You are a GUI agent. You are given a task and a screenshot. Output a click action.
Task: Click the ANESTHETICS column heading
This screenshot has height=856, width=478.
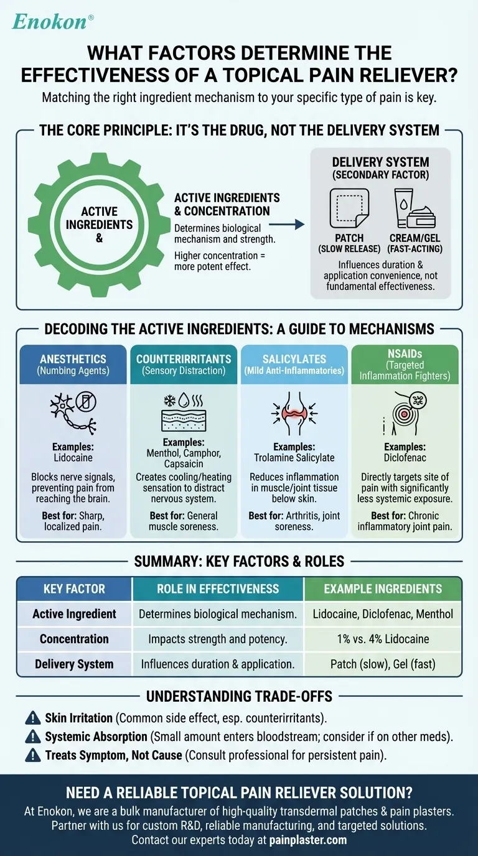coord(73,365)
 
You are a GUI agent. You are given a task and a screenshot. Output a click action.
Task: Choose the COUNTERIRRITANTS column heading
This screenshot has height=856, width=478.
coord(184,365)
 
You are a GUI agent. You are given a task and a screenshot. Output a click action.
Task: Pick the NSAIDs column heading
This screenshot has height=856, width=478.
coord(405,364)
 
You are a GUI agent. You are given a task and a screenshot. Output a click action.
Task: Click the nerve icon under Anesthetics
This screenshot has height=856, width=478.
coord(73,413)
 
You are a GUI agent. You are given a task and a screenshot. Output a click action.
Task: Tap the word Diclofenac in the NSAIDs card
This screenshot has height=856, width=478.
coord(405,457)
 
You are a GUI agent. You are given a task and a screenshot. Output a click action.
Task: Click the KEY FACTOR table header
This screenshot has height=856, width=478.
coord(74,588)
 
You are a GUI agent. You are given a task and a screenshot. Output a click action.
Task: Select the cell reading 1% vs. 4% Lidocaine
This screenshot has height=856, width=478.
coord(382,639)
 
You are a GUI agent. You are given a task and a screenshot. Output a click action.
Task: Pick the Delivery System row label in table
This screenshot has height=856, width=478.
coord(74,664)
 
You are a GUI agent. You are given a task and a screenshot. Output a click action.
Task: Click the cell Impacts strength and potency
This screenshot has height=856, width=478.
coord(218,639)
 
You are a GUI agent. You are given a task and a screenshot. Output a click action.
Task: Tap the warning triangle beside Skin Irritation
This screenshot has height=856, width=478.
coord(33,719)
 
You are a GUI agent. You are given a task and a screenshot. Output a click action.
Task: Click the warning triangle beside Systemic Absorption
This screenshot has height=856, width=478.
coord(33,737)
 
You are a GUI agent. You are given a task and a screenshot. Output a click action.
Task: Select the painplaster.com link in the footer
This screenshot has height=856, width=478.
coord(307,840)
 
